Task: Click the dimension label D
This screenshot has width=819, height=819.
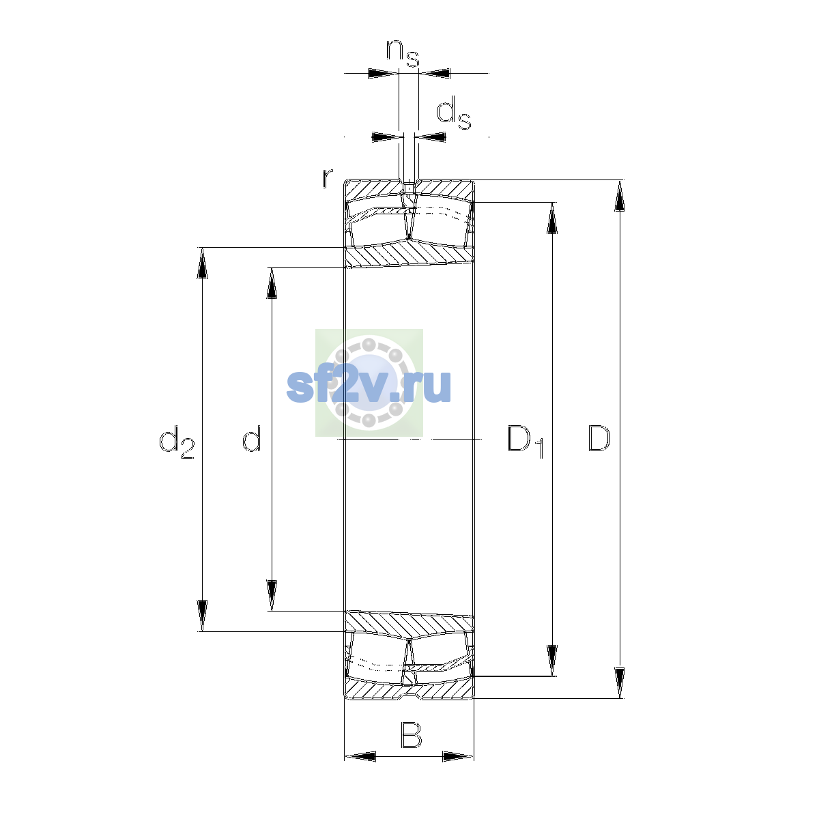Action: click(x=599, y=438)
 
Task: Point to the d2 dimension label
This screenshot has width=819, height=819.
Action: click(x=176, y=442)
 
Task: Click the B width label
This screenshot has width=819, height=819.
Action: click(x=411, y=735)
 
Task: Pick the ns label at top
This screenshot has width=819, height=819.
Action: click(x=403, y=53)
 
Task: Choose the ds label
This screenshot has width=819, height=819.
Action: click(x=453, y=113)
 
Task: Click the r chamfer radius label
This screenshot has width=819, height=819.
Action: click(x=327, y=178)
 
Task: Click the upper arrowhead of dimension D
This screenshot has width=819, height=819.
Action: click(x=620, y=195)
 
